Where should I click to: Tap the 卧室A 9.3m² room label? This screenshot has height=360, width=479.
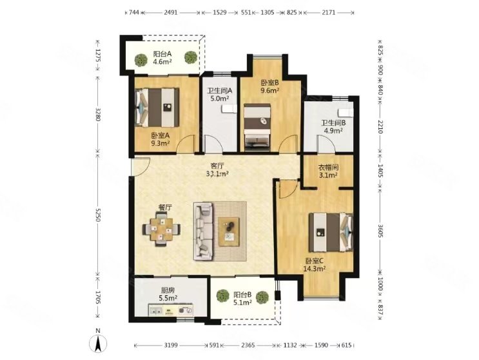point(161,139)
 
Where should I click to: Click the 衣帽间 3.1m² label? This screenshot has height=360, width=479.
point(328,171)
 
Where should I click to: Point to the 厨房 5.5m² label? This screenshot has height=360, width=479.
point(168,294)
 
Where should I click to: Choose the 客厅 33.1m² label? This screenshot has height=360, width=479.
point(217,170)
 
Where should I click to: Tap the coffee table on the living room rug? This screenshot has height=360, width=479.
point(229,232)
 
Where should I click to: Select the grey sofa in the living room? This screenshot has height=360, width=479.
point(203,232)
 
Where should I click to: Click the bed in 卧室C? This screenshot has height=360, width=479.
point(331,232)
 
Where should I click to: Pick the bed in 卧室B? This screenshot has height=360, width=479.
point(257,127)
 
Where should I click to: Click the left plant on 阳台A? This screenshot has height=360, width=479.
point(141,59)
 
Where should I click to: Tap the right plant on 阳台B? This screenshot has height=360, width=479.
point(262,297)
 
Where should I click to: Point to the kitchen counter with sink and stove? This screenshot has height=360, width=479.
point(170,310)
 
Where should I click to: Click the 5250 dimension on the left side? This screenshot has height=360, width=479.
point(98,215)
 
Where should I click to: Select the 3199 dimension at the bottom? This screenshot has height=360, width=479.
point(171,345)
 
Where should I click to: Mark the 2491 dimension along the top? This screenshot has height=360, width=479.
point(171,12)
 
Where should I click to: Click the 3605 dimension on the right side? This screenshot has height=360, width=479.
point(380,231)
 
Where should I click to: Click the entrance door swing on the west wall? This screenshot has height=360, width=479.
point(141,167)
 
